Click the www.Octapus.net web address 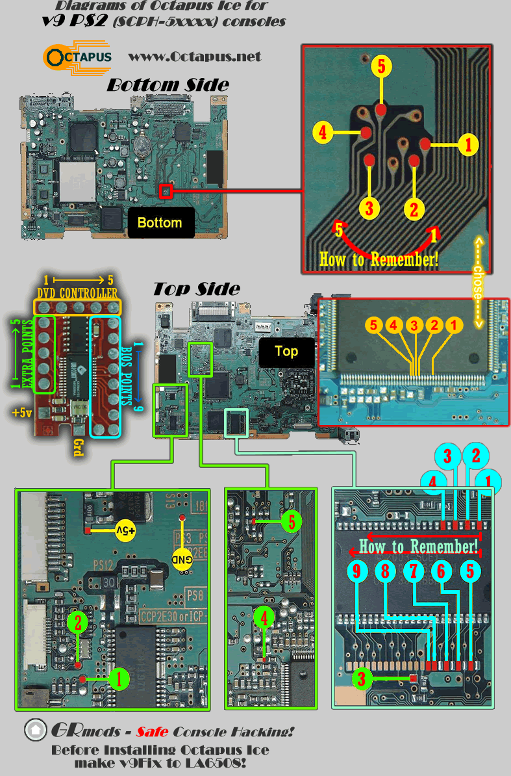tap(195, 57)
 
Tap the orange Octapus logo tap(77, 57)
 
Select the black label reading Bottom tap(160, 223)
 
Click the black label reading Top tap(286, 352)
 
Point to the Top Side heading tap(196, 289)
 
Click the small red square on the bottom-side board tap(166, 191)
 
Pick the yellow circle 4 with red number tap(321, 133)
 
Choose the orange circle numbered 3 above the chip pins tap(414, 323)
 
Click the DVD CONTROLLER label tap(77, 294)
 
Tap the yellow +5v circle tap(126, 530)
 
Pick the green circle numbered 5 tap(292, 521)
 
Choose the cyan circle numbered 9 tap(356, 572)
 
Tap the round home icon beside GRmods tap(35, 731)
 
